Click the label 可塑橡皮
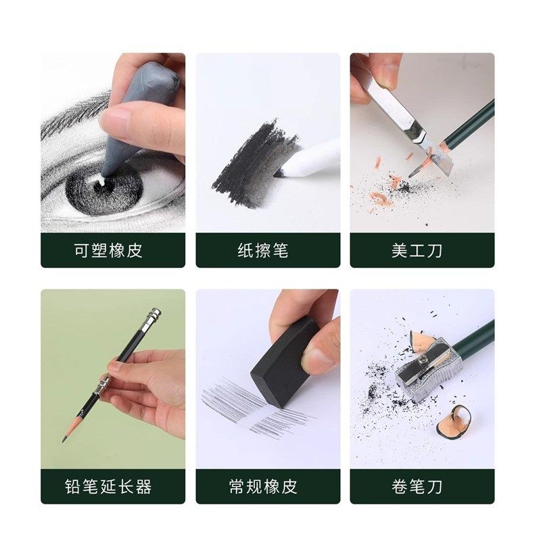[x=112, y=251]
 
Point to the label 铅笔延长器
[x=112, y=487]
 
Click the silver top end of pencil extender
[x=154, y=315]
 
